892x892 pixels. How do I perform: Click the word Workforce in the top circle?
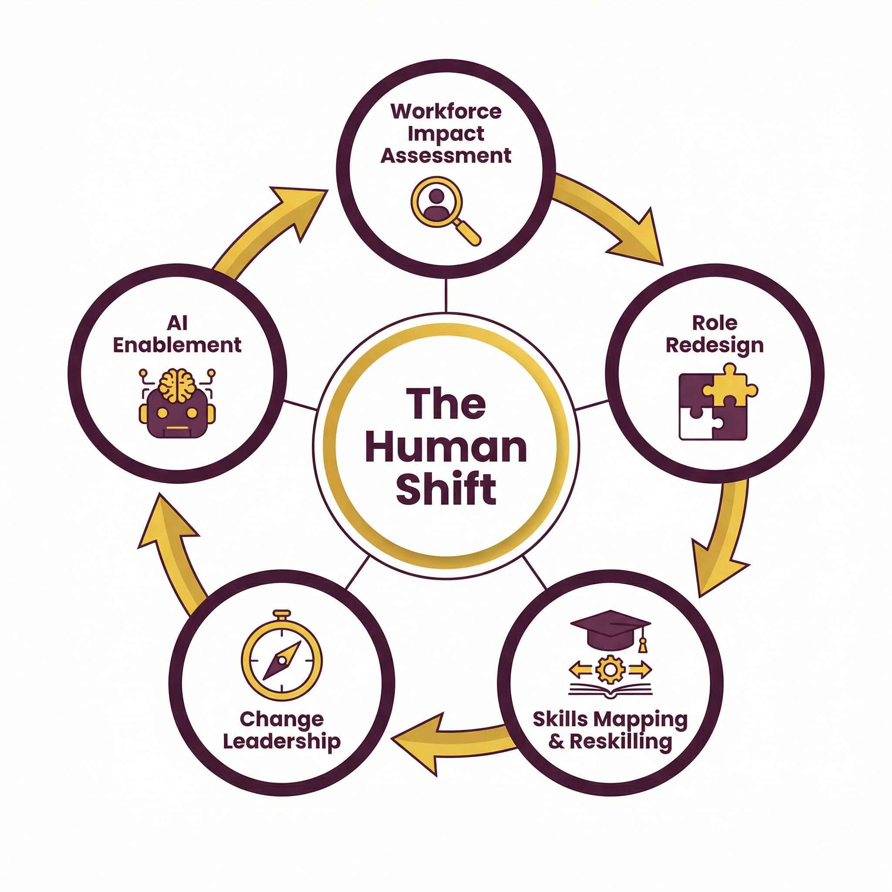tap(446, 112)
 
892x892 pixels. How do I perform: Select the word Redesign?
tap(714, 346)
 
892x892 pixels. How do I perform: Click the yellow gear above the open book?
tap(610, 669)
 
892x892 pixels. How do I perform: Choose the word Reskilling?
tap(621, 742)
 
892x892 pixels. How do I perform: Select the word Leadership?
tap(282, 742)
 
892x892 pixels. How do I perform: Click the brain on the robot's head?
tap(177, 385)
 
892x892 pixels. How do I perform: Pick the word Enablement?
tap(177, 345)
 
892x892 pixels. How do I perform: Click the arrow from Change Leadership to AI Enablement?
tap(176, 549)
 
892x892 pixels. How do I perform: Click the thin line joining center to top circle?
tap(446, 295)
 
